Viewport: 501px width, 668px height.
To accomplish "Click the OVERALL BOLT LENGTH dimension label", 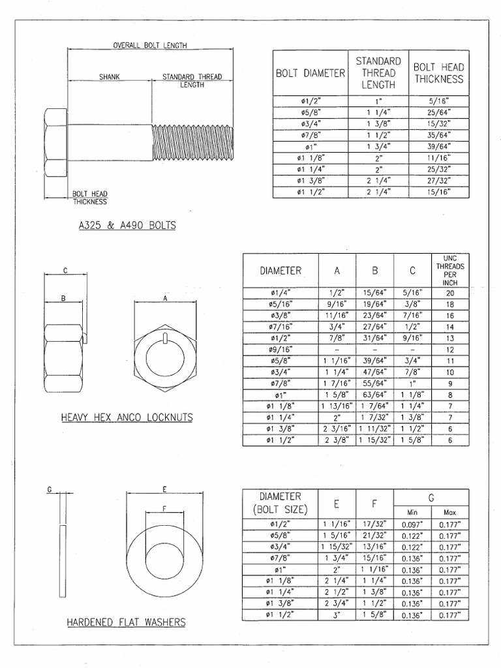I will (150, 46).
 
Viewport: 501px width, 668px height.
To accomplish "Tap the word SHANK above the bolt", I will (109, 77).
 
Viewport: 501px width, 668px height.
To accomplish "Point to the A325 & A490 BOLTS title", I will (127, 226).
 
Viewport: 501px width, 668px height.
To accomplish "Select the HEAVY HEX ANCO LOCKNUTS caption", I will (127, 417).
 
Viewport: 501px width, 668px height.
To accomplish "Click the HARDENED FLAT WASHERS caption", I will (126, 622).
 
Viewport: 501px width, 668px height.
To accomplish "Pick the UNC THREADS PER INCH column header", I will (449, 271).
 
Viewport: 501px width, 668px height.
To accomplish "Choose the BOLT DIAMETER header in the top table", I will (310, 73).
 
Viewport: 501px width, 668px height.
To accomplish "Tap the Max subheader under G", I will (449, 513).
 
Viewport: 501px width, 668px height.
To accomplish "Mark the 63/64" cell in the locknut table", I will (374, 395).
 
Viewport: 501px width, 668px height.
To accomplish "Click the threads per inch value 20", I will (449, 293).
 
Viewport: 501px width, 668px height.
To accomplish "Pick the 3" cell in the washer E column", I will (337, 615).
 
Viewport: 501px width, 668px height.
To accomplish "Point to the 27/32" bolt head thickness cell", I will (438, 181).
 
